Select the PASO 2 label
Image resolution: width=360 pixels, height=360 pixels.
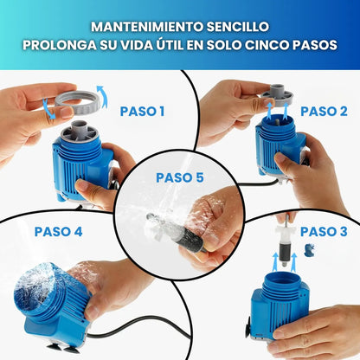(x=325, y=111)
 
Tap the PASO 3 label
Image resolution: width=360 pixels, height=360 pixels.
(x=325, y=231)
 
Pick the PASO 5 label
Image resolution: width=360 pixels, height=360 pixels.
(x=180, y=177)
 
